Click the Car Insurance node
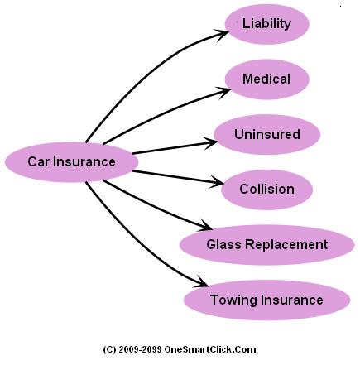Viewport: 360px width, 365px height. [x=71, y=161]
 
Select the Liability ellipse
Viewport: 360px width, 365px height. [x=266, y=24]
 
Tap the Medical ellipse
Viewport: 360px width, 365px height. [x=266, y=79]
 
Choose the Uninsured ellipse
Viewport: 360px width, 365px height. [x=266, y=134]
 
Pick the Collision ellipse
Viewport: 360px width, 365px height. [x=266, y=189]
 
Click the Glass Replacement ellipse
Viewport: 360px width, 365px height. [x=266, y=244]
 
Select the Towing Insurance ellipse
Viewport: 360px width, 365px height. [x=266, y=299]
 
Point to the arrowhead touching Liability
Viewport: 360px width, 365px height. [x=223, y=34]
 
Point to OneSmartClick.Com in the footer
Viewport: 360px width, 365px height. [x=213, y=350]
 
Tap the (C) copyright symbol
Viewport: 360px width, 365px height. [x=110, y=350]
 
